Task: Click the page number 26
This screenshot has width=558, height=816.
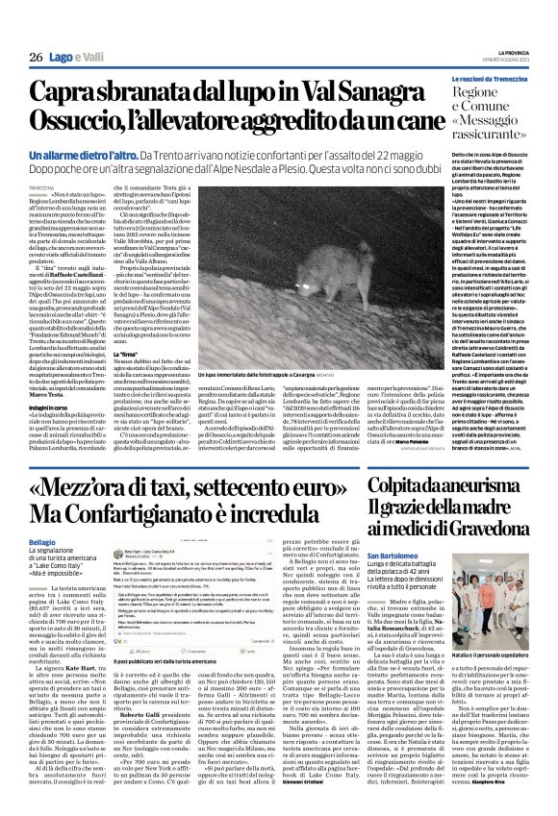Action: pyautogui.click(x=35, y=58)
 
